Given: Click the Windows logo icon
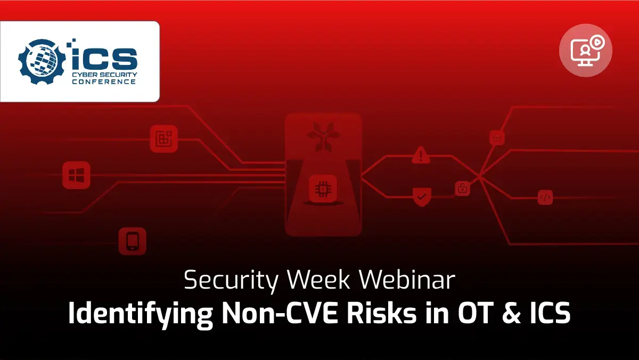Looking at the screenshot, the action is (x=76, y=175).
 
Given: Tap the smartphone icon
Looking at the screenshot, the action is (x=133, y=241).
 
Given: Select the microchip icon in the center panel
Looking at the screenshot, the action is (x=323, y=189).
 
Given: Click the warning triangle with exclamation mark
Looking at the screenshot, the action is (x=421, y=155).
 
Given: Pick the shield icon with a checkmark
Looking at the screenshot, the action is (x=422, y=197).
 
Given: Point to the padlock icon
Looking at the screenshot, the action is (x=462, y=189).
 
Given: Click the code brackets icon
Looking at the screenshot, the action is (x=545, y=197).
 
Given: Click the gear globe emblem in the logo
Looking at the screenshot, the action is (x=42, y=62).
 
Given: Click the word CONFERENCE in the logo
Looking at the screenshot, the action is (x=104, y=82).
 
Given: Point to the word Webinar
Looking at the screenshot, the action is (x=407, y=280).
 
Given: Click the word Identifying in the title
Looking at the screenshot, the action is (x=141, y=313).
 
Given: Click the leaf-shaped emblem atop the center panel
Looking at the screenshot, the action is (x=323, y=137).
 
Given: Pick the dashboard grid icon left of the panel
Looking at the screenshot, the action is (x=164, y=138).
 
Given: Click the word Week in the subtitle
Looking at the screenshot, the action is (x=318, y=280).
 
